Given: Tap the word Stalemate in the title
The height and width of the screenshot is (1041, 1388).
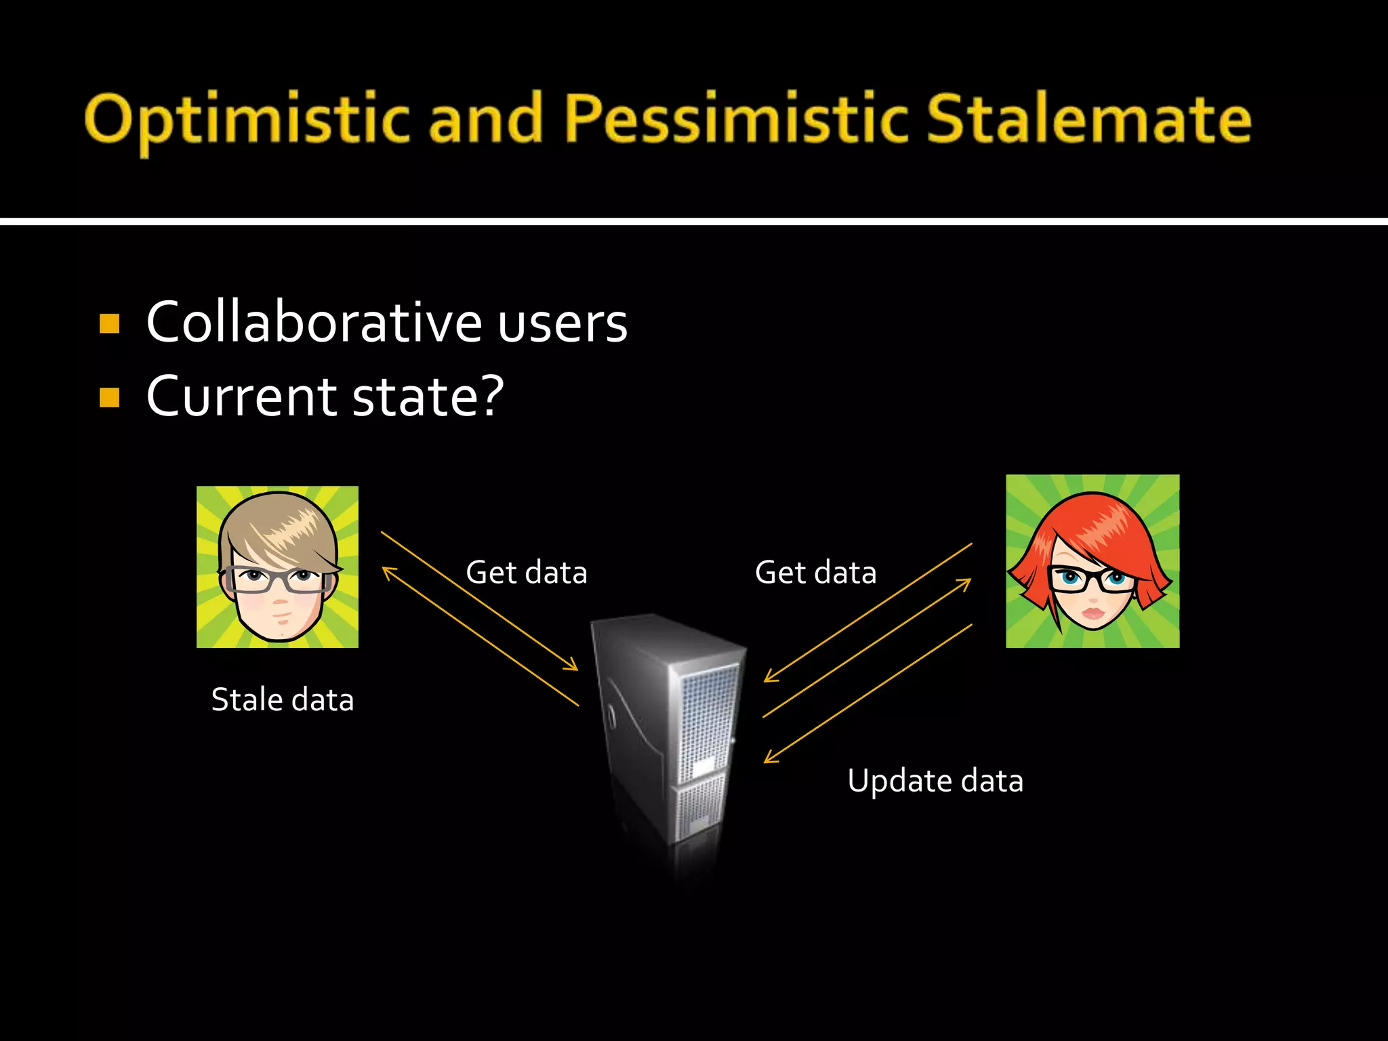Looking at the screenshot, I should point(1088,119).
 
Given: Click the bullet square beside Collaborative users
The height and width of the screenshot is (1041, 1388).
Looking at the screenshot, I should point(109,323).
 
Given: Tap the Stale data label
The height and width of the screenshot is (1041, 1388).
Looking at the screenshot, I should point(282,699).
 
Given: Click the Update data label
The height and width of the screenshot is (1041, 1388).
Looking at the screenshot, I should point(935,781).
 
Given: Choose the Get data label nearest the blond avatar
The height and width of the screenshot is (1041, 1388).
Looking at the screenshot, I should point(526,573).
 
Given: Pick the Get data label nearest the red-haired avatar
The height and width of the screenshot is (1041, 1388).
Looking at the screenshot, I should point(815,573).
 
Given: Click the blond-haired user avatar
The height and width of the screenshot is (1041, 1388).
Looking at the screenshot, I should point(277,567).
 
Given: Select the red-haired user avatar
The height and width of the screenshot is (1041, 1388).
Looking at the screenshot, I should point(1092,561).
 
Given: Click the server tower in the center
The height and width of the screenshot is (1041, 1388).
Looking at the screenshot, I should point(668,732).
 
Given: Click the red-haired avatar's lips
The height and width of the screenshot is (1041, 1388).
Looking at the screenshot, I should point(1092,614).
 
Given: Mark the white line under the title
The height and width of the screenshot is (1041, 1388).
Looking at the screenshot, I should point(694,221).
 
